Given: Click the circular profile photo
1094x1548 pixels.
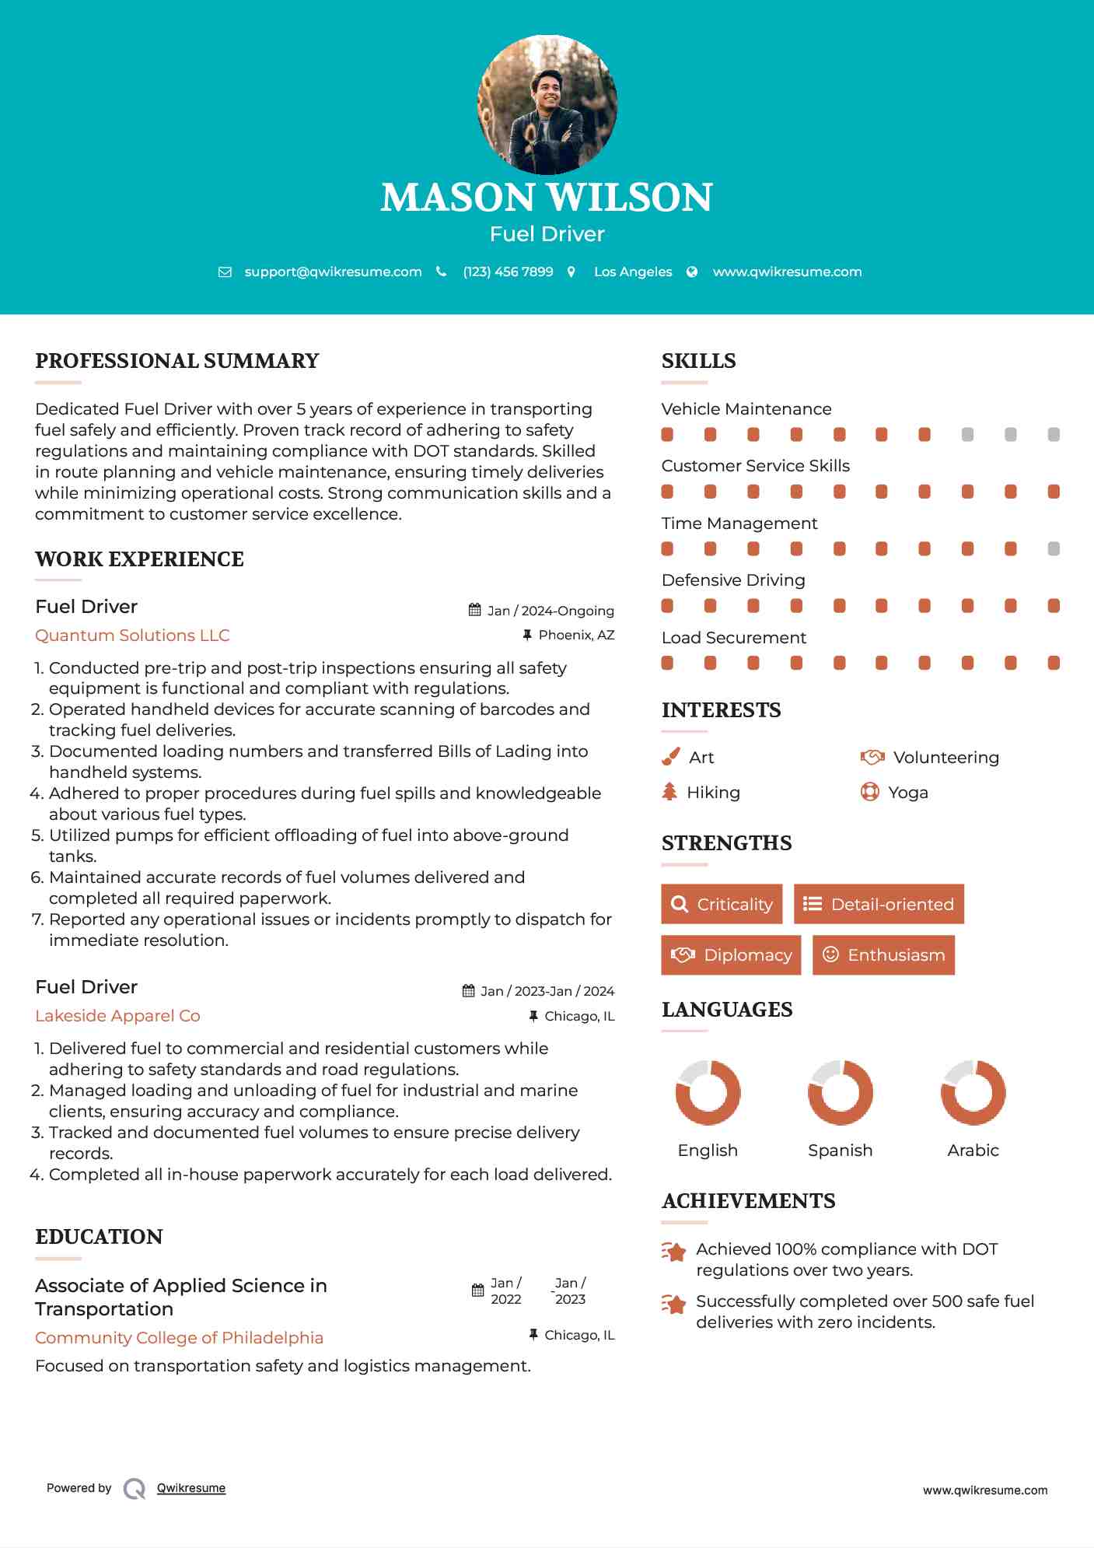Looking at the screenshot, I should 547,104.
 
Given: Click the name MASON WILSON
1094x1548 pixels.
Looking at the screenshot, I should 547,198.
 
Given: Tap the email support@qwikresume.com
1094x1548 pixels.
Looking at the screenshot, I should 333,271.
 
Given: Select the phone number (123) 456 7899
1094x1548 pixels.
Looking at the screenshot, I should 508,271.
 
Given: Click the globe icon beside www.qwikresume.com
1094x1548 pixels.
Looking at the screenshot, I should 692,271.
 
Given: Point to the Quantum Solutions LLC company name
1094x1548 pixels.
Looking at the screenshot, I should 132,636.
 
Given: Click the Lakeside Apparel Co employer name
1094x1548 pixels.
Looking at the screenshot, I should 117,1016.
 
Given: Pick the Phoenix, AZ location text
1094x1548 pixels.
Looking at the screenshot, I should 576,635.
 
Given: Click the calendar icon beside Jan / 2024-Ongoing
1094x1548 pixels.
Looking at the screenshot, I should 474,610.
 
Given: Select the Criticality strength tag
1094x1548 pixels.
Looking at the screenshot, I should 722,904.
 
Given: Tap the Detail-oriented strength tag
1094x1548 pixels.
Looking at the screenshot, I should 879,904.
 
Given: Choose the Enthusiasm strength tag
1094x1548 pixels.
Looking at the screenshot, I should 883,954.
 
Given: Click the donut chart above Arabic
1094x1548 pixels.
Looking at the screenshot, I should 973,1092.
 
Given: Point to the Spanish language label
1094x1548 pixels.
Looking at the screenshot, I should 840,1150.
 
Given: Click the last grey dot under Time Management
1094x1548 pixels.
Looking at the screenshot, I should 1054,548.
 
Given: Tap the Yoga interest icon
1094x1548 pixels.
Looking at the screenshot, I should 869,792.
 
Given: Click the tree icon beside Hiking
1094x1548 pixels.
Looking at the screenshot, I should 669,792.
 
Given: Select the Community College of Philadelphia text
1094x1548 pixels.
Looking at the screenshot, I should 179,1337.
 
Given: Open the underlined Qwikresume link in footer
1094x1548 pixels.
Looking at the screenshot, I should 191,1488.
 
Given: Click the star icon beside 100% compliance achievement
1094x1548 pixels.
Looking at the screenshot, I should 673,1252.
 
